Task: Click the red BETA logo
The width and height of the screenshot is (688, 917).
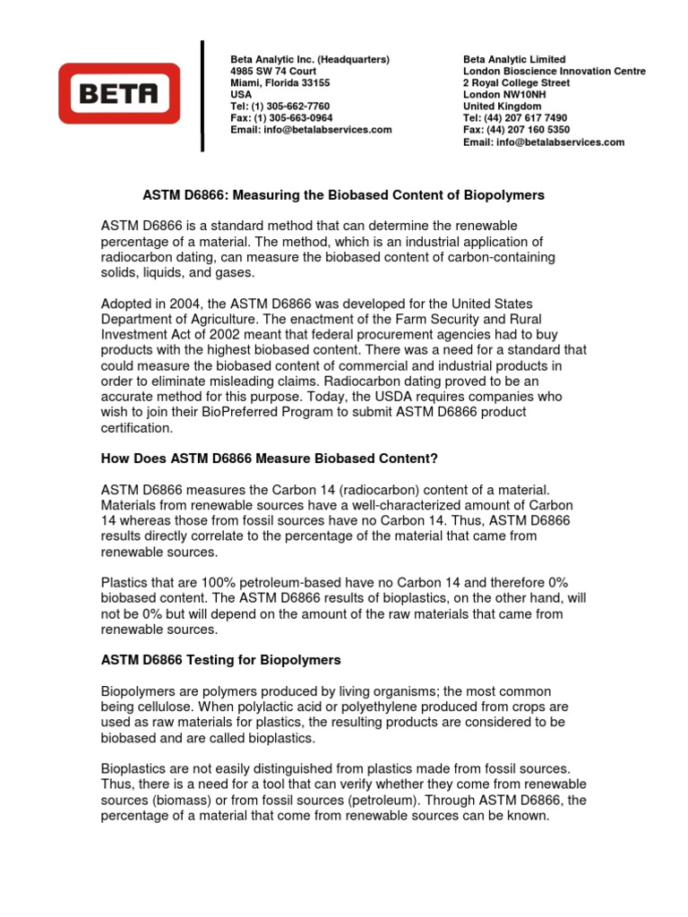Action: coord(119,92)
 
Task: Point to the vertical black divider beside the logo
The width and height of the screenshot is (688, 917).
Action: coord(202,96)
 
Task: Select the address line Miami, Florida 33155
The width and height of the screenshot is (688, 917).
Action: coord(279,82)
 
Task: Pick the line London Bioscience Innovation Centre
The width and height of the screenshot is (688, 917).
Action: coord(554,71)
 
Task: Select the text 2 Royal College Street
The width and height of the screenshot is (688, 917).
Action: coord(516,82)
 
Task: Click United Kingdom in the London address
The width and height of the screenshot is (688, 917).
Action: coord(502,106)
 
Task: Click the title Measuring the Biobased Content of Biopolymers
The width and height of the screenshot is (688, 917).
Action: coord(391,194)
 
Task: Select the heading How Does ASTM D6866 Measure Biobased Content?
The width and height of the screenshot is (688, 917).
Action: coord(269,458)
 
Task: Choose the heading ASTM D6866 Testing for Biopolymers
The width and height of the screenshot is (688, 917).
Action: coord(220,659)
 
